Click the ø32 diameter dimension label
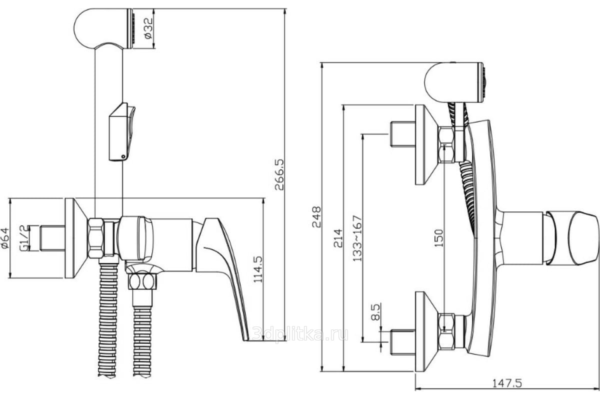148,28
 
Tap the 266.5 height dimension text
279,174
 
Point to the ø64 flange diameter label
5,238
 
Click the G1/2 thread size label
24,238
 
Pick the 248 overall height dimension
316,216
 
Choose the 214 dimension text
338,238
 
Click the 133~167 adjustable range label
357,238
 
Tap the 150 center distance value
439,238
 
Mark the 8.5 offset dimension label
375,312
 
